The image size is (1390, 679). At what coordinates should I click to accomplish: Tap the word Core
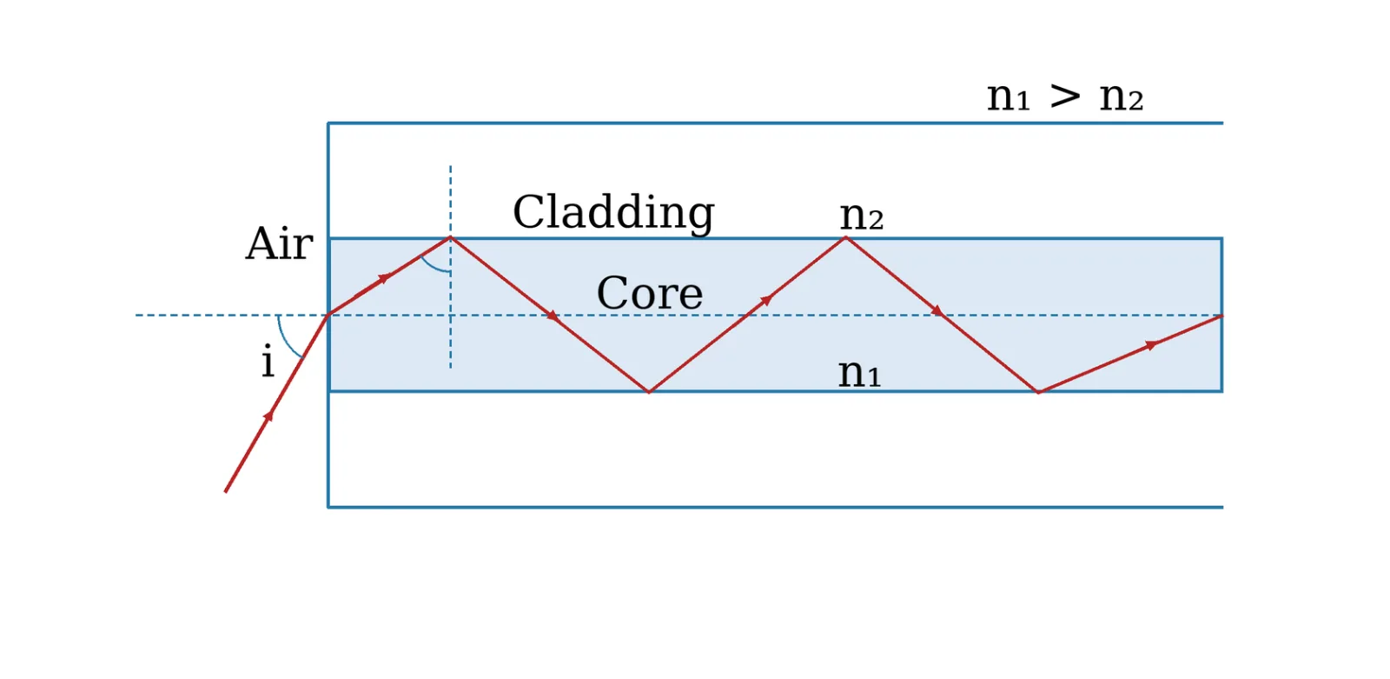click(650, 293)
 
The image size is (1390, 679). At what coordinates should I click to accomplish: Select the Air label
click(279, 243)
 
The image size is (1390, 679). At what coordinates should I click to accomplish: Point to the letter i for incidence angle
click(268, 361)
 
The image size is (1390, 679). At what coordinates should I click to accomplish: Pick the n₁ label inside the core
click(859, 373)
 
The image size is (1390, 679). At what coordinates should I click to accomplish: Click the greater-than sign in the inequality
click(1065, 97)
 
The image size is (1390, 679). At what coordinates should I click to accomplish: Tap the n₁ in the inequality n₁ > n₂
click(1009, 97)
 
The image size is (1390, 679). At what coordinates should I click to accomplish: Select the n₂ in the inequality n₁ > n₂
click(1122, 97)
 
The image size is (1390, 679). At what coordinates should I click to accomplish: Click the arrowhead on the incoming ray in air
click(268, 416)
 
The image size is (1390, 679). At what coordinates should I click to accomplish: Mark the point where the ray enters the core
click(328, 315)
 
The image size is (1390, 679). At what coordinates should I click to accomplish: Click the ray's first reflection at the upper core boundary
click(451, 238)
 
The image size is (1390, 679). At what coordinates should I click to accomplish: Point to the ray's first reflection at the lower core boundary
click(649, 391)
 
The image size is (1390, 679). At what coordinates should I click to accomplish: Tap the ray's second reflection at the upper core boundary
click(845, 238)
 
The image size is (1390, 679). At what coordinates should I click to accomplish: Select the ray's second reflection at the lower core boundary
click(1038, 391)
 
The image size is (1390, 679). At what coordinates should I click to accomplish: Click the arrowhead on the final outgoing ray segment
click(1151, 345)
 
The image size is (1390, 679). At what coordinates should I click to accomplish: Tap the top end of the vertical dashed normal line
click(451, 166)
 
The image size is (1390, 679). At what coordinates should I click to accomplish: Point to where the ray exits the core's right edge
click(1221, 316)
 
